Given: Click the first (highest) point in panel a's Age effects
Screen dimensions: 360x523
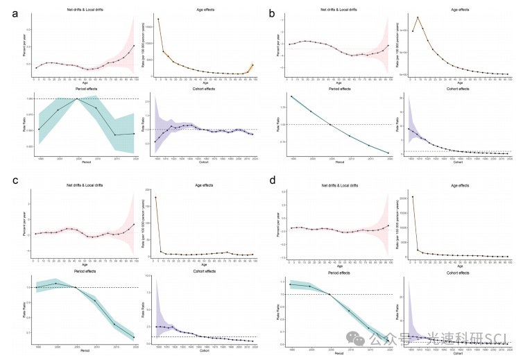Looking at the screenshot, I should (158, 19).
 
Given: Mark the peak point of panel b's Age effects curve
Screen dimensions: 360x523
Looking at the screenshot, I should (418, 17).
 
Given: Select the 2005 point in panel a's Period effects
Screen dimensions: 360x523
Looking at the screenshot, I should (78, 99).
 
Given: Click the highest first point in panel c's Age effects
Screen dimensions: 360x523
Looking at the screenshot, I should (156, 198).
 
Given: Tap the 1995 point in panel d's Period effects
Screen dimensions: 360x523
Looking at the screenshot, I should (291, 284).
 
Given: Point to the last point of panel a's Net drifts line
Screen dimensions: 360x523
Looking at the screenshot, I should (134, 46).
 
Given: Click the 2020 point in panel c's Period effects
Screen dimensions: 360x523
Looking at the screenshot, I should (134, 338).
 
